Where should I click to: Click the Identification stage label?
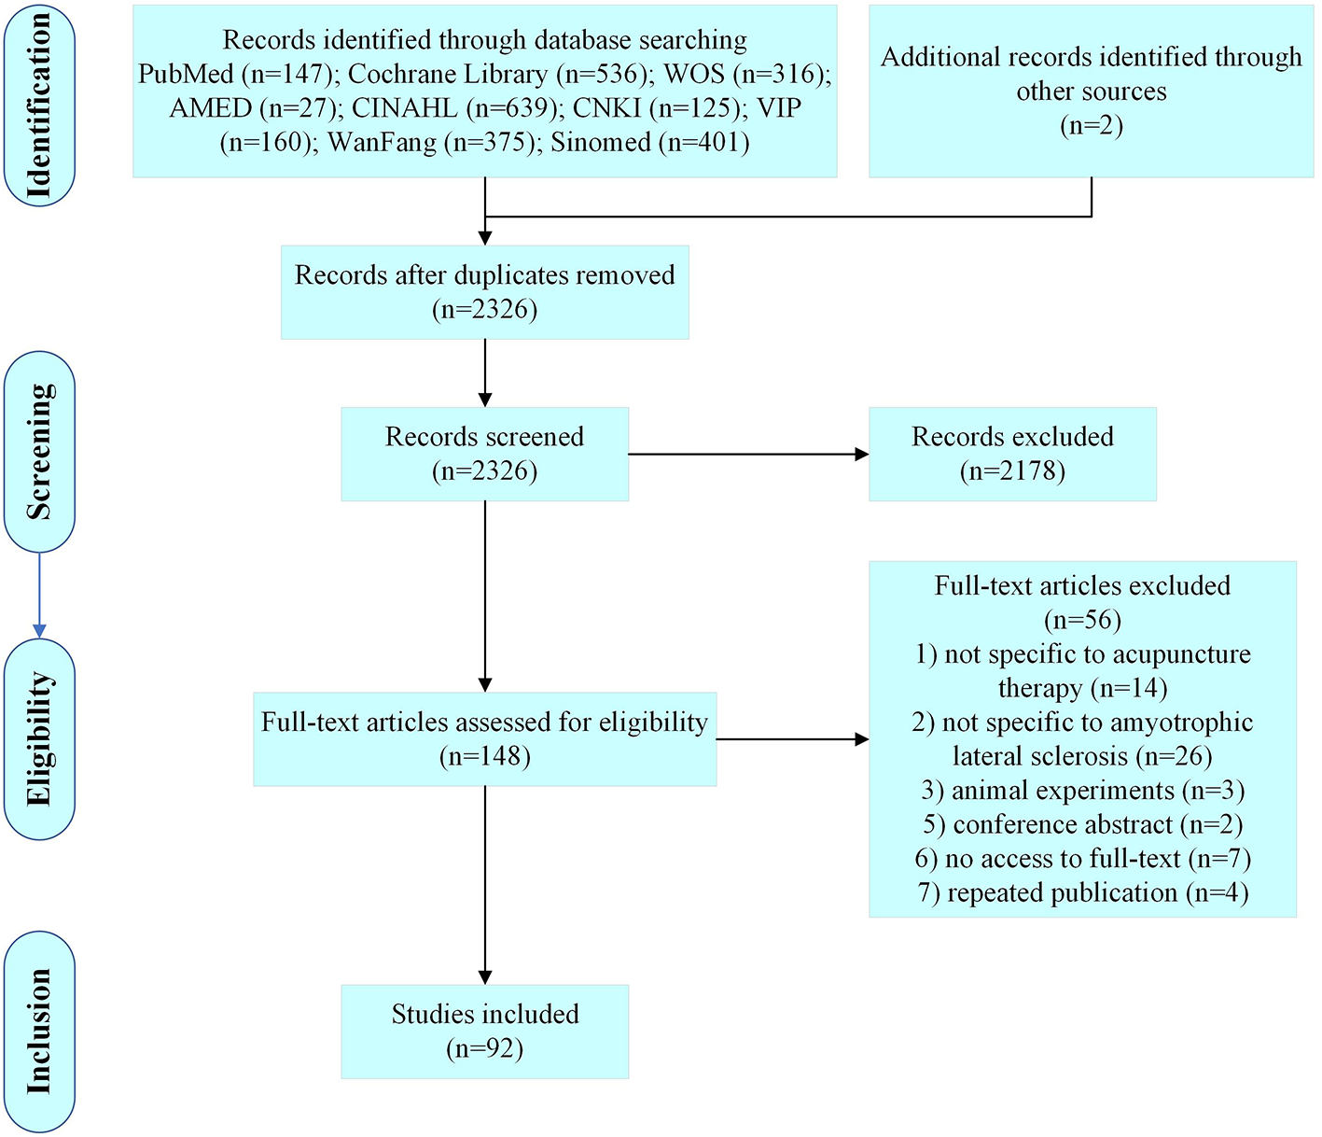click(x=39, y=105)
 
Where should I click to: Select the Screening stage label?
click(x=39, y=452)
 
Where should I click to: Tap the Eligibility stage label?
click(x=39, y=738)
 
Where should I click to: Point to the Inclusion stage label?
click(x=39, y=1032)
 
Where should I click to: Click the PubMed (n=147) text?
click(x=234, y=75)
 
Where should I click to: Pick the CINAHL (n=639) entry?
click(x=457, y=108)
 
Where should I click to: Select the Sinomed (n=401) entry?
click(x=650, y=143)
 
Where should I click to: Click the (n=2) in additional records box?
click(x=1091, y=126)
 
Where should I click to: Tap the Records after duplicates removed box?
click(x=484, y=292)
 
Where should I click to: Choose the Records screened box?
click(x=484, y=454)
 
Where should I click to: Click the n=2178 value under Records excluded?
click(x=1012, y=470)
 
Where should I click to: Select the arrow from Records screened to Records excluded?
click(x=746, y=455)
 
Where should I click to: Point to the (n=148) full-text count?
click(x=484, y=756)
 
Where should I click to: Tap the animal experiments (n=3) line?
click(x=1082, y=791)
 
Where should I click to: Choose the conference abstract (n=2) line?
click(x=1082, y=825)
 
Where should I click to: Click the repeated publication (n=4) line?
click(x=1082, y=893)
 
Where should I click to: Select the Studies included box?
click(x=484, y=1032)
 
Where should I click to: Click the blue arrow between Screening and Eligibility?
click(x=39, y=595)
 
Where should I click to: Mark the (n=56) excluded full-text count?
click(x=1082, y=620)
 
